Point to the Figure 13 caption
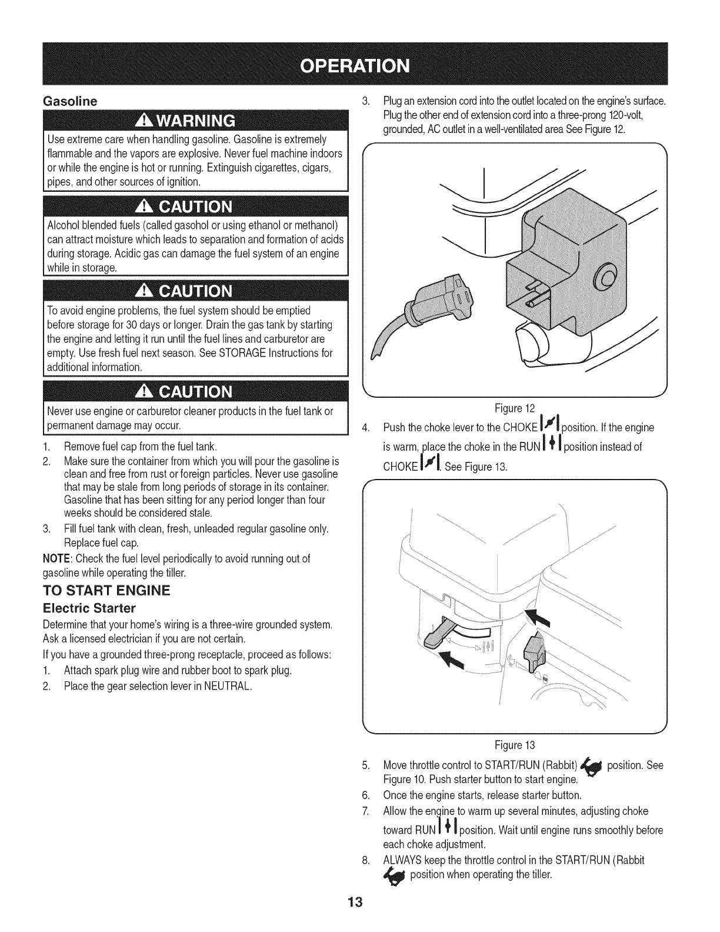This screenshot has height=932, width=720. point(515,745)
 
